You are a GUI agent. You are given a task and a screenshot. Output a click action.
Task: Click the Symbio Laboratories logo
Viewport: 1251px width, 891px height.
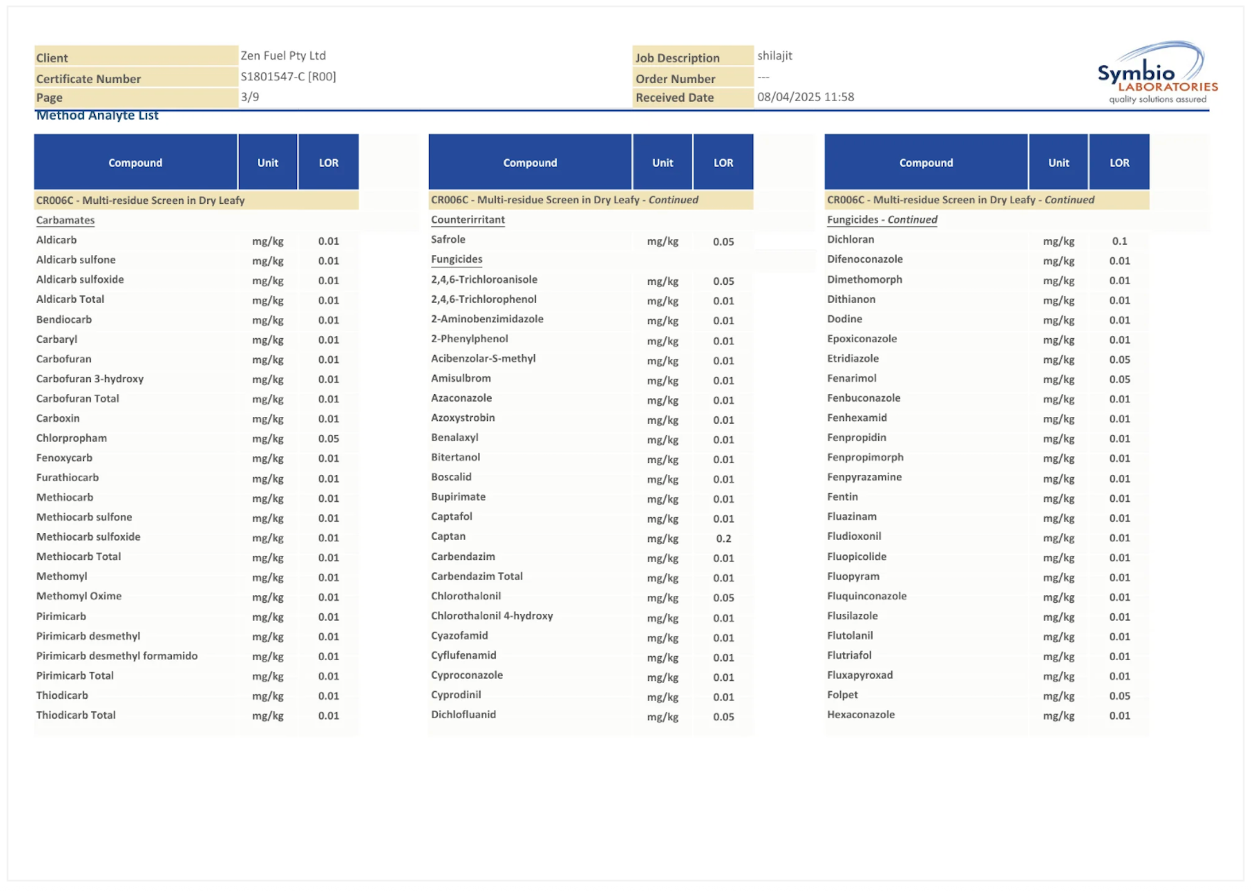pos(1156,73)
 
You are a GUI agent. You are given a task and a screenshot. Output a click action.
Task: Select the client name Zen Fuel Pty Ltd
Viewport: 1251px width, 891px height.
pos(283,56)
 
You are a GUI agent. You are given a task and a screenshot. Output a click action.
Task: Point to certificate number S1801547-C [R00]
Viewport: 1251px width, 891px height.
pos(288,76)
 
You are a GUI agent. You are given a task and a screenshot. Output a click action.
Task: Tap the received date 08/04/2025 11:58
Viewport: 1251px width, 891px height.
pos(805,96)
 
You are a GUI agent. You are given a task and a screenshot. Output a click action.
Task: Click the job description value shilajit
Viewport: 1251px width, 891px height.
pos(774,56)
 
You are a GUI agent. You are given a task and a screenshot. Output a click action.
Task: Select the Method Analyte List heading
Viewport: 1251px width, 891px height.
pos(97,115)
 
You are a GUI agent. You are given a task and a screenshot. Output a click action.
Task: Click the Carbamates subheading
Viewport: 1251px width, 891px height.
pos(65,220)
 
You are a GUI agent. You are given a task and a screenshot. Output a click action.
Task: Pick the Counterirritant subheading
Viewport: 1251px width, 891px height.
pos(468,219)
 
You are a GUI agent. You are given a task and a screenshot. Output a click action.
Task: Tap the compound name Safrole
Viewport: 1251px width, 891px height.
pos(448,239)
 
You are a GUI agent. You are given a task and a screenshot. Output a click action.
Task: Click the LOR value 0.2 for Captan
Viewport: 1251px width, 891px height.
pos(723,539)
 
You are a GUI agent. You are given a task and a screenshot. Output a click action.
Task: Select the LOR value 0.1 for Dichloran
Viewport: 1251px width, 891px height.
pos(1119,241)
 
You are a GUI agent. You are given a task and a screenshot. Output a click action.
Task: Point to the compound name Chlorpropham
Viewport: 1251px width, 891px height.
pos(71,438)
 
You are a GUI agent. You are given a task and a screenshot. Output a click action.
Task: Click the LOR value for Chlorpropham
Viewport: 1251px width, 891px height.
pos(329,439)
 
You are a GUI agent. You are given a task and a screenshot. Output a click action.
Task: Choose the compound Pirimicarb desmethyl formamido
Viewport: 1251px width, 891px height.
pos(117,656)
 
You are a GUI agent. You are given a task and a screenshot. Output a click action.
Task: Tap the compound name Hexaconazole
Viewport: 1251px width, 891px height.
pos(860,714)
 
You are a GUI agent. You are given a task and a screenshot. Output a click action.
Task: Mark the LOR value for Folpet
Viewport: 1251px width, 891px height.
pos(1119,696)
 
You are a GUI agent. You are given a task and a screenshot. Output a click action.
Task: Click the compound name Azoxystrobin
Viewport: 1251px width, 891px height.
pos(462,417)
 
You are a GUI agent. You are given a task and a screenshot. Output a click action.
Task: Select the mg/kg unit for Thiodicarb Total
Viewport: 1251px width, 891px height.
pos(268,716)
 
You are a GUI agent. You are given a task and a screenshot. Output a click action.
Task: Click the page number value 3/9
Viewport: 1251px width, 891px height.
pos(250,96)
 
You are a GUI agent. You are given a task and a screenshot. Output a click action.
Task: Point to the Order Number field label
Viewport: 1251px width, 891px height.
pos(675,79)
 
